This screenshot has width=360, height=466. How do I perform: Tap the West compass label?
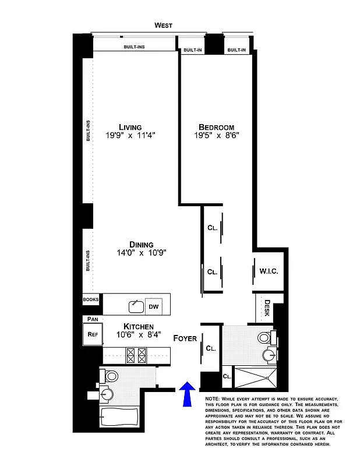coord(163,25)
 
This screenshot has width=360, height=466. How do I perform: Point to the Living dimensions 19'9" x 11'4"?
coord(130,136)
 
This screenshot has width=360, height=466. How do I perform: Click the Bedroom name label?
coord(216,127)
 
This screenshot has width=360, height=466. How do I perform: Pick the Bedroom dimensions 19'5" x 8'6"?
coord(216,136)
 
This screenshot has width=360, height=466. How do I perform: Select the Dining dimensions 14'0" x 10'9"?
coord(137,253)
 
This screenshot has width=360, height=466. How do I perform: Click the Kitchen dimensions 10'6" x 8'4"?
coord(138,335)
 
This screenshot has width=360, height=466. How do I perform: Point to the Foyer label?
coord(185,338)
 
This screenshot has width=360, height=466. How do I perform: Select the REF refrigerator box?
coord(92,334)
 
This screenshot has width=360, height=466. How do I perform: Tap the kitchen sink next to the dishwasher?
coord(136,306)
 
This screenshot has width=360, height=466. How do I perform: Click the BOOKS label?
coord(91,299)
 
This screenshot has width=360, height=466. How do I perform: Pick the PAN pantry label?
coord(92,319)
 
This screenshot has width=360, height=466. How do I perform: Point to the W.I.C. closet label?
coord(269,271)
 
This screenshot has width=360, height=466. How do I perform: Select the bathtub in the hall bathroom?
coord(119,416)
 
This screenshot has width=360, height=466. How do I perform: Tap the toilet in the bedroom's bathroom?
coord(265,338)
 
